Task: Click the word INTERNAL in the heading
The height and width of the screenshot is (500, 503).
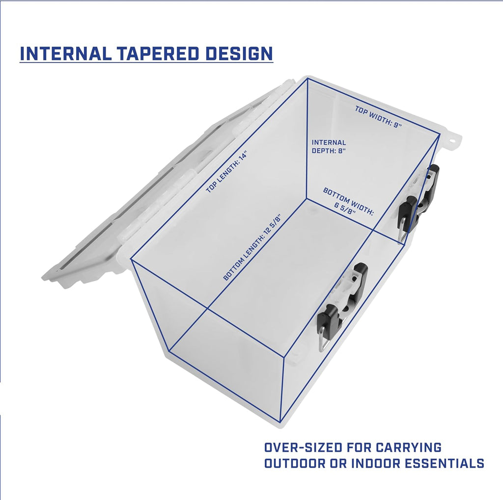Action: coord(65,53)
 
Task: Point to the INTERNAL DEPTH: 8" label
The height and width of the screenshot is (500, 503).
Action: coord(329,147)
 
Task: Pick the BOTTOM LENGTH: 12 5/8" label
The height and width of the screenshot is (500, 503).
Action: coord(252,246)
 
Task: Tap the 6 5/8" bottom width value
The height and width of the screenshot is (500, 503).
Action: coord(345,210)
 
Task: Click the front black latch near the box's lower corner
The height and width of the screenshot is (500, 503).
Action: coord(342,307)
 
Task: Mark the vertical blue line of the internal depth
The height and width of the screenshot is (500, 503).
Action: coord(307,138)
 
